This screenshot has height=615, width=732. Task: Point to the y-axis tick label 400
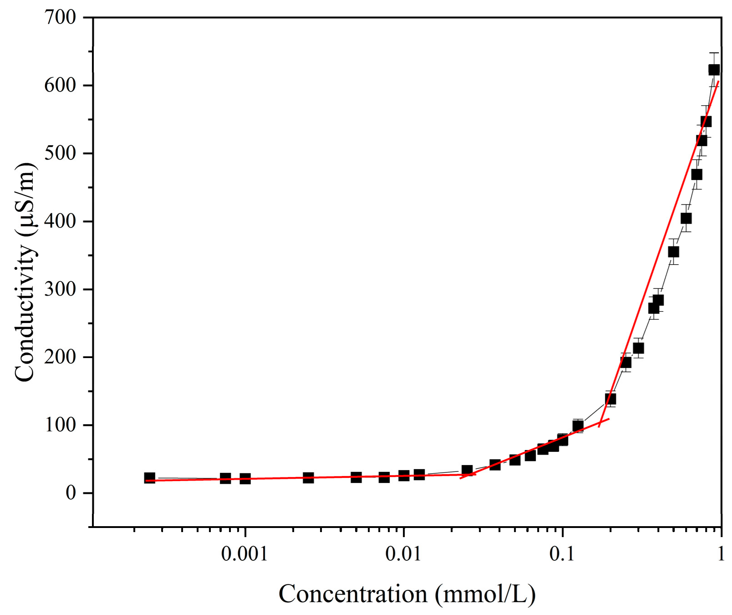(60, 221)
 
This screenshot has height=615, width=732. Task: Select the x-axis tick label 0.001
(244, 554)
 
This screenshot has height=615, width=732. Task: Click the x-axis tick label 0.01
(403, 554)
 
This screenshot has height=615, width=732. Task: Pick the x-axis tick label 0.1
(562, 554)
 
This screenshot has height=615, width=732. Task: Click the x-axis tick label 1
(721, 554)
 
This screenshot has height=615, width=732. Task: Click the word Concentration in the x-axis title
(353, 594)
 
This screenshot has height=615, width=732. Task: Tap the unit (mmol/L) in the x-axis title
(485, 594)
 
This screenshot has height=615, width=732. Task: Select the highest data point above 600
(714, 70)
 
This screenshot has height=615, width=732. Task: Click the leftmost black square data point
(149, 478)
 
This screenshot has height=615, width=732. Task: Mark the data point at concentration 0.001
(245, 479)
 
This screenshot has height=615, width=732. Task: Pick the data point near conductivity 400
(686, 219)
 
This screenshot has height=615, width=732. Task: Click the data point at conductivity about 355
(673, 252)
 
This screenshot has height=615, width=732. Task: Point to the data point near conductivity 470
(696, 174)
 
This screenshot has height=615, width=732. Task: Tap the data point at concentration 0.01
(404, 476)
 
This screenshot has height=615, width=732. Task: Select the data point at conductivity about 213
(638, 348)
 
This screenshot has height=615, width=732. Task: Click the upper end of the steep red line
(718, 82)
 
